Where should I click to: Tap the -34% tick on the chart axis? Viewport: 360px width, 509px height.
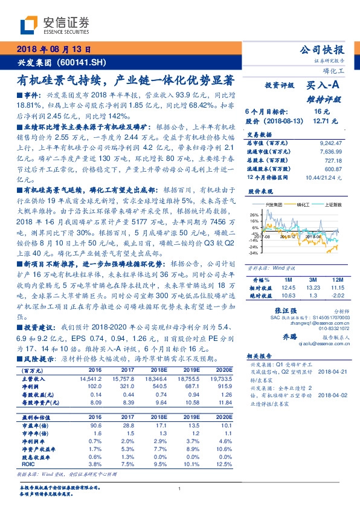coord(254,253)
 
